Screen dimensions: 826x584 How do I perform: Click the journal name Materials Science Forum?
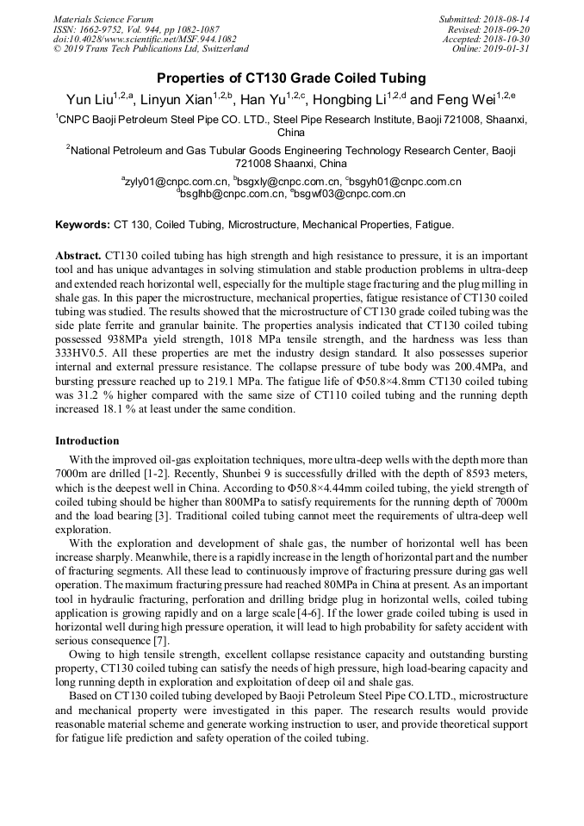[x=103, y=19]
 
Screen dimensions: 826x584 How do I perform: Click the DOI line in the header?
[x=144, y=39]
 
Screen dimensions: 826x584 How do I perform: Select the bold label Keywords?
[x=83, y=225]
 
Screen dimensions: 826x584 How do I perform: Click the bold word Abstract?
[x=78, y=257]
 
